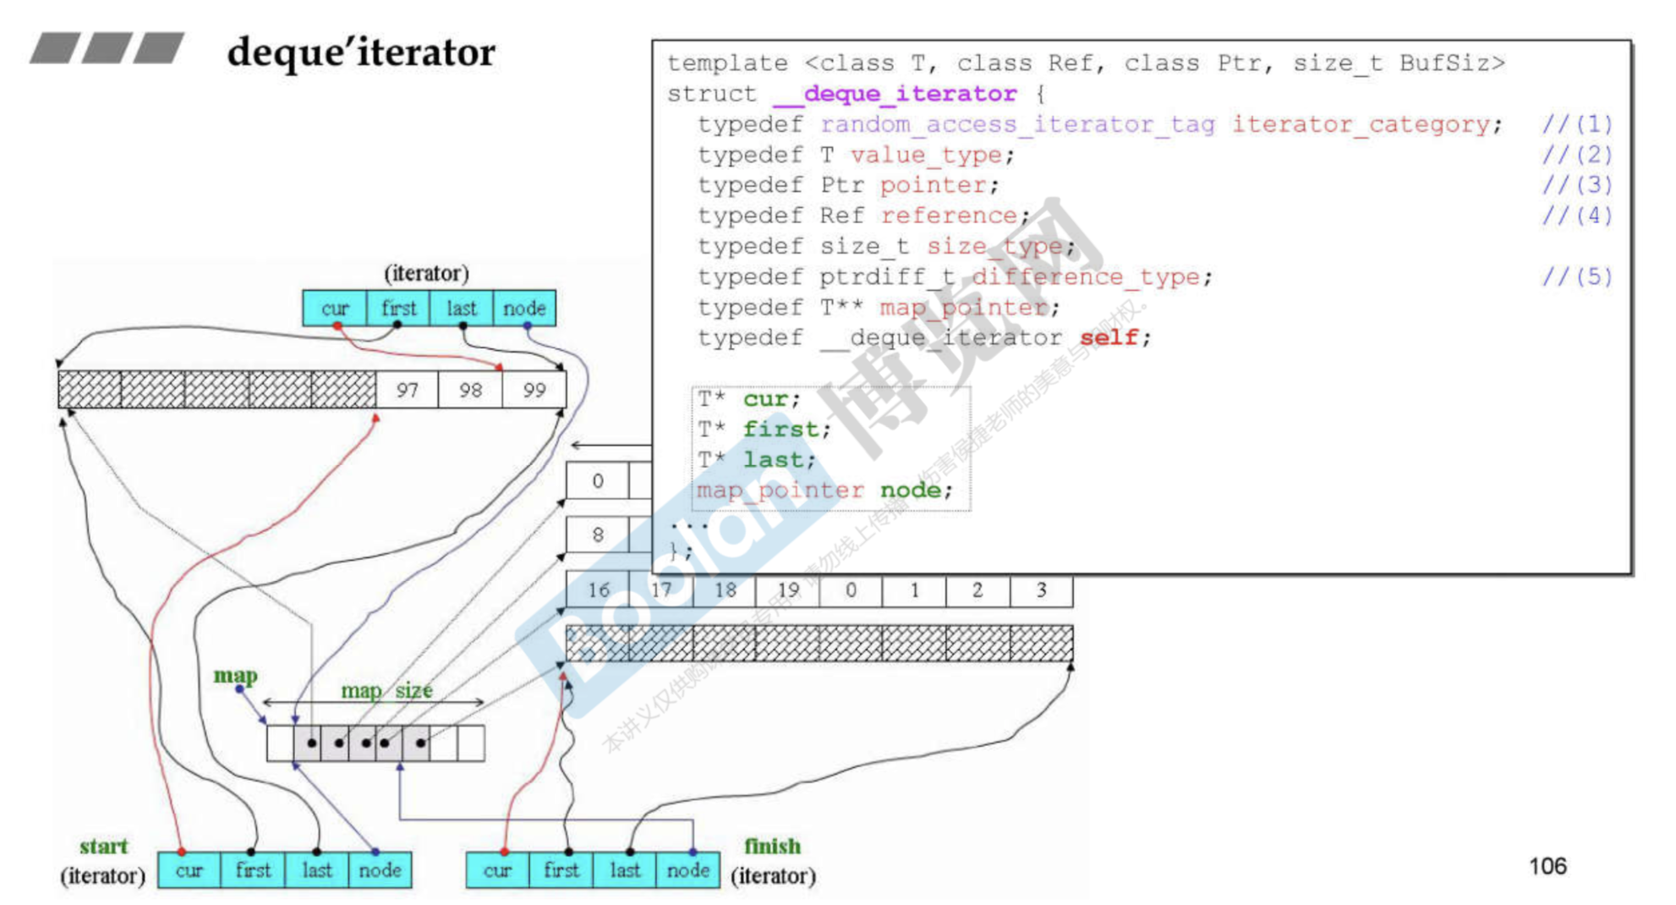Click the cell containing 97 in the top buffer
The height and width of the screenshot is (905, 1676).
[x=408, y=390]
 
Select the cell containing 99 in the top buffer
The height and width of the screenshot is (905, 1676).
[x=534, y=390]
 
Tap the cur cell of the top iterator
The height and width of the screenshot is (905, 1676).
[x=335, y=309]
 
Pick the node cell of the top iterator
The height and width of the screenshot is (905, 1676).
[x=524, y=309]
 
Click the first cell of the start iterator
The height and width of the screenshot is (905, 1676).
[x=253, y=870]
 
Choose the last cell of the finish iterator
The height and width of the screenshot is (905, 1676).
[x=625, y=870]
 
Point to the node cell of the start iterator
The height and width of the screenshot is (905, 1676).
[x=380, y=870]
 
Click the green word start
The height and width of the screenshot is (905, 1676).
[x=103, y=847]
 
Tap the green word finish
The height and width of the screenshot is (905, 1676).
[x=772, y=846]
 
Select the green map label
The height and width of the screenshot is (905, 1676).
[x=235, y=676]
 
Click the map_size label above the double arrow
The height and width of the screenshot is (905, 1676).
[x=386, y=691]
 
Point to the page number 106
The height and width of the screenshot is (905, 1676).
[x=1547, y=866]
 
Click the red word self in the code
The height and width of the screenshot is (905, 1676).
[x=1109, y=337]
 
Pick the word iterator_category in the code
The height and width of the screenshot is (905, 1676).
[x=1361, y=124]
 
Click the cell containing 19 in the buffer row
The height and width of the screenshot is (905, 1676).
[x=788, y=590]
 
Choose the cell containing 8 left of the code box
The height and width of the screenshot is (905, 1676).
[x=598, y=535]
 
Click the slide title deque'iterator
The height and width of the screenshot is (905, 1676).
[x=361, y=52]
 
